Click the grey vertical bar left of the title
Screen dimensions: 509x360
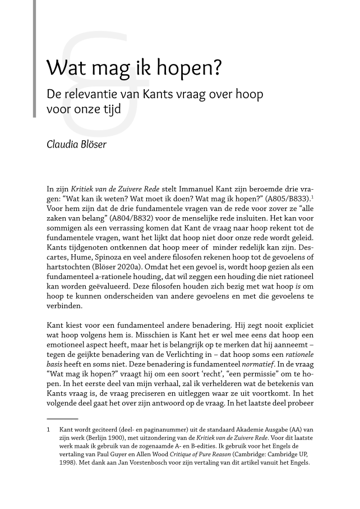click(x=35, y=59)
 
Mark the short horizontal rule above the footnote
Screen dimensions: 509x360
click(x=62, y=419)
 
